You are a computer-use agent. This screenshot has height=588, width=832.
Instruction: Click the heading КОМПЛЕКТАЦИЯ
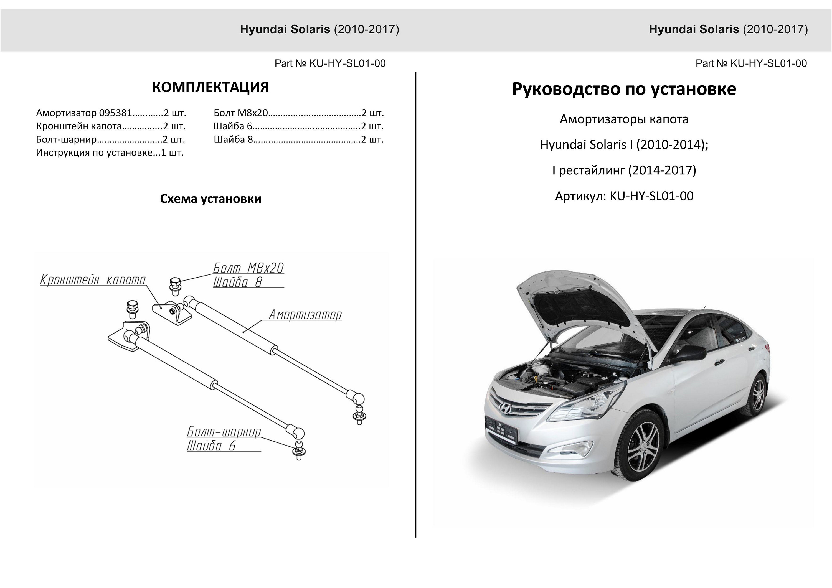tap(210, 87)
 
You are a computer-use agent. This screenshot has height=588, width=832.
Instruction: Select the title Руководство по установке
tap(624, 89)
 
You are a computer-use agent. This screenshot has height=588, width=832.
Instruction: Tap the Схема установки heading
tap(210, 198)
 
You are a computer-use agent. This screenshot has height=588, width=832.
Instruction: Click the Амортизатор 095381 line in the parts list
tap(111, 113)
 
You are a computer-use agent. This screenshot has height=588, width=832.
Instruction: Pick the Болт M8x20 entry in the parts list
tap(299, 113)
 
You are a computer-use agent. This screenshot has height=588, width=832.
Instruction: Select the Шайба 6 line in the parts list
tap(298, 126)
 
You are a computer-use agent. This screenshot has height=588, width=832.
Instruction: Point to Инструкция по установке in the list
tap(110, 152)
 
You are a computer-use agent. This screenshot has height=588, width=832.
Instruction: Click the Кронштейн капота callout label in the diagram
tap(93, 280)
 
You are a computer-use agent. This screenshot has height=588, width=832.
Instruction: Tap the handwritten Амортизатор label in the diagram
tap(305, 314)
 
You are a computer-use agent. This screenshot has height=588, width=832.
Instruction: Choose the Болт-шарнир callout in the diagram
tap(224, 432)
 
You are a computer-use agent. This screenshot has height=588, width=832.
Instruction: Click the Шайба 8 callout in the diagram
tap(237, 282)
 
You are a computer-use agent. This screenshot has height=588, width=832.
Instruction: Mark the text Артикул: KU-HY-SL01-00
tap(624, 196)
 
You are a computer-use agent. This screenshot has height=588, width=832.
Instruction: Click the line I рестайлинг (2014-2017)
tap(624, 170)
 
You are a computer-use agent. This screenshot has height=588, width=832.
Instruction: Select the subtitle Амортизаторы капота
tap(624, 119)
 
